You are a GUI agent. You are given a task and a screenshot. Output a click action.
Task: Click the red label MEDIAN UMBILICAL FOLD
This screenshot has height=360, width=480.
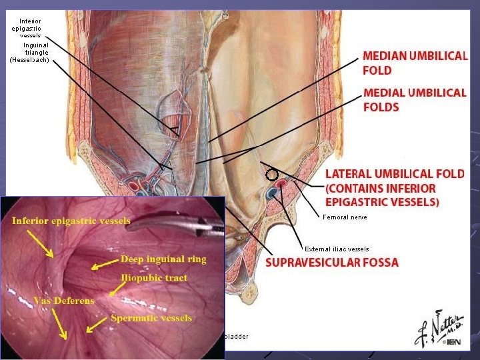pos(414,63)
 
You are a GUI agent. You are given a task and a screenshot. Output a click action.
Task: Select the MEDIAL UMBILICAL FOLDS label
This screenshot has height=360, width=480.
pos(414,99)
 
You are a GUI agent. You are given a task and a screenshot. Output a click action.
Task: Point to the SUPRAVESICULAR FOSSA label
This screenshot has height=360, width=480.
pos(332,262)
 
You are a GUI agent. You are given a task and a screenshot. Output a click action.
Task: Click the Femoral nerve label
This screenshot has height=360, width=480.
pos(345,217)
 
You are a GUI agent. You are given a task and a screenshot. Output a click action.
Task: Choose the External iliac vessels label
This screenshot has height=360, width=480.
pos(337,249)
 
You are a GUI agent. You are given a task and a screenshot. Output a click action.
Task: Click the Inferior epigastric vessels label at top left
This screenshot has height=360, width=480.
pos(30,28)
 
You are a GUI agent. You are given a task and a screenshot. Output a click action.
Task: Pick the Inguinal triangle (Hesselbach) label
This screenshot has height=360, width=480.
pos(31,53)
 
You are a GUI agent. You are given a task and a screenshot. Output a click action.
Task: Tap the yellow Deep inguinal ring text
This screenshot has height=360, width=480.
pos(163,259)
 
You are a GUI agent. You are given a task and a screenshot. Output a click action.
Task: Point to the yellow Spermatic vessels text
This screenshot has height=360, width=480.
pos(152,317)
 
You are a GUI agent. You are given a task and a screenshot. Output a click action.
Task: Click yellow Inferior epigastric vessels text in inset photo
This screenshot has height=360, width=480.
pos(70,220)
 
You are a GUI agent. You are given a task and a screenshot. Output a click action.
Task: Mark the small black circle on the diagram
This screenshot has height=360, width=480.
pos(271,175)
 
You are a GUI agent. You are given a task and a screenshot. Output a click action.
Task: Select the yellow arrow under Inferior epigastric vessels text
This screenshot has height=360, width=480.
pos(39,244)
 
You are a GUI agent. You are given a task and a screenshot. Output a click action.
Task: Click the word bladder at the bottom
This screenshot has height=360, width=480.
pos(237,336)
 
